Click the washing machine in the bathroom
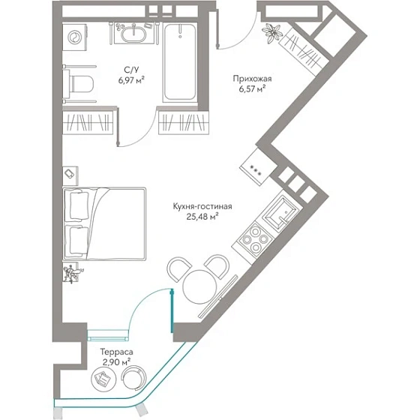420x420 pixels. click(x=74, y=37)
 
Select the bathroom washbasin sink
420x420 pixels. click(x=133, y=34)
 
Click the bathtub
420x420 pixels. click(x=180, y=63)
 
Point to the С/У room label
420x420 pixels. click(x=131, y=70)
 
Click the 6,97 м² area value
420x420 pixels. click(x=131, y=79)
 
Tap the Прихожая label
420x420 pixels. click(x=252, y=79)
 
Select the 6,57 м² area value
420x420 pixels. click(x=252, y=88)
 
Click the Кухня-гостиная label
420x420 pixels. click(x=202, y=206)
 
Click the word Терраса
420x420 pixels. click(x=116, y=352)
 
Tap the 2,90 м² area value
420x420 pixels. click(x=116, y=362)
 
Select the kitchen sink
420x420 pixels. click(x=279, y=213)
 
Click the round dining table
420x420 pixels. click(x=199, y=287)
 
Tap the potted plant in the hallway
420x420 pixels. click(x=272, y=32)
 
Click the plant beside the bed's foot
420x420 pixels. click(x=71, y=273)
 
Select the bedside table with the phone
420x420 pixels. click(x=70, y=175)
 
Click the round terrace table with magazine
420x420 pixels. click(x=103, y=379)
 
